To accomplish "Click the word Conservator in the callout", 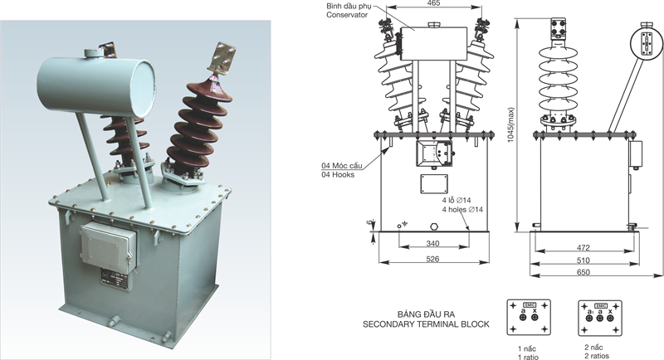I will tap(346, 15).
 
